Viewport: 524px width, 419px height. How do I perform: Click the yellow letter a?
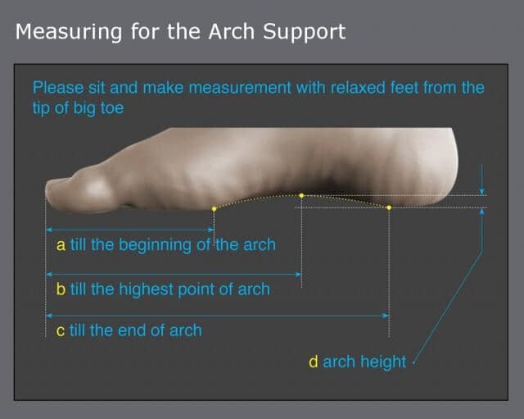61,245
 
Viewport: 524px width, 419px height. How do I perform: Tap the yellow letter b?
61,289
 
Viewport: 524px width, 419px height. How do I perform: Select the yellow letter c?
60,331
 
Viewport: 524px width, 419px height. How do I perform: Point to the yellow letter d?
314,362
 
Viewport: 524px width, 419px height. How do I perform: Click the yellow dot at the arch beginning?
215,209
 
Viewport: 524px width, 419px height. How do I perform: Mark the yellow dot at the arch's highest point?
301,195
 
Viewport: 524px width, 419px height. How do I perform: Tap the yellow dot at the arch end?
389,207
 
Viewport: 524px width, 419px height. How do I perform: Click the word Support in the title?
304,33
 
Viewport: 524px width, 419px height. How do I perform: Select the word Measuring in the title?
69,33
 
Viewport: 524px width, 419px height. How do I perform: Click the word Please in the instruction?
58,88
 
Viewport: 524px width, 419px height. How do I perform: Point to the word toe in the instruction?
113,107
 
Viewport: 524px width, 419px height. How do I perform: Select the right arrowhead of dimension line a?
211,230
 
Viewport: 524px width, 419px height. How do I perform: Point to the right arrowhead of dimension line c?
386,316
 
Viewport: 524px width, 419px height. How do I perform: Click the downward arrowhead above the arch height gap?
482,191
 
